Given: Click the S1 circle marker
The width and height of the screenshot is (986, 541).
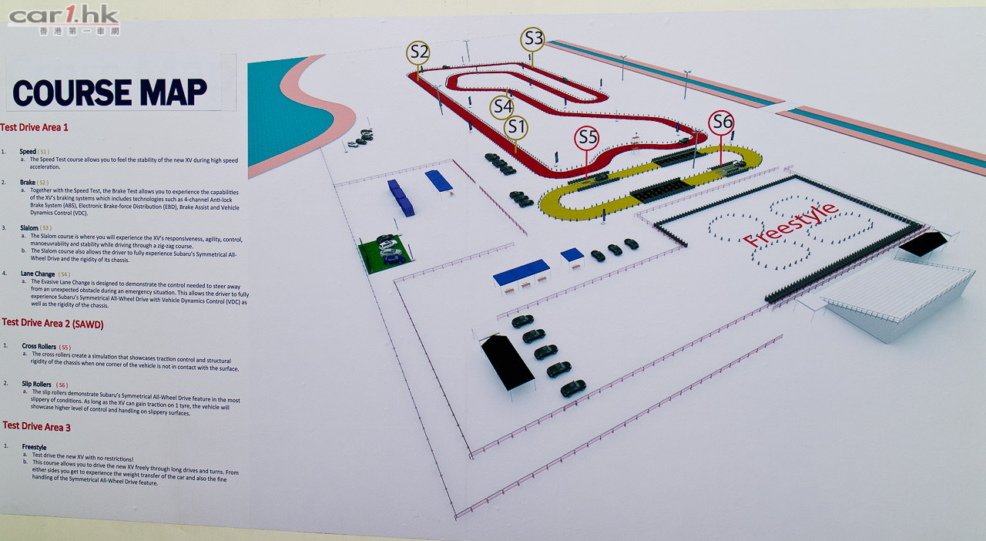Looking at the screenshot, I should [x=516, y=127].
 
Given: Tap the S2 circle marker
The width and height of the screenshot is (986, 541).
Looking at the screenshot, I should [x=418, y=52].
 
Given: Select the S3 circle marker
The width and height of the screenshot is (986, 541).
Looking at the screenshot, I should [x=532, y=39].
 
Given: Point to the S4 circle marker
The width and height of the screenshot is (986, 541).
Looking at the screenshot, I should [x=502, y=106].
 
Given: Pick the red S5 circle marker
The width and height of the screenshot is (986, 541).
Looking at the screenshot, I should [x=587, y=138].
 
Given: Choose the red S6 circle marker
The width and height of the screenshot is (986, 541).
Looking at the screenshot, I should [x=721, y=123].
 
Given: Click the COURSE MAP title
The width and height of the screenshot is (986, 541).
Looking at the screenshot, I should [x=109, y=92].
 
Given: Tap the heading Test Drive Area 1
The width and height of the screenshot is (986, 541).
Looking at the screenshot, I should [x=35, y=128].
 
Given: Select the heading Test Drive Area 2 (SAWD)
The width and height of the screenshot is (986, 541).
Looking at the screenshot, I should [x=52, y=324].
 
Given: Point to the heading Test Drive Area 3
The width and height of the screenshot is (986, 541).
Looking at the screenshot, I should [x=36, y=426].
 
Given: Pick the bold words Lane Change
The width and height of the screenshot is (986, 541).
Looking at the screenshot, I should [x=39, y=274].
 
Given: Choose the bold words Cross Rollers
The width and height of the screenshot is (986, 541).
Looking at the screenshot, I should [x=39, y=347].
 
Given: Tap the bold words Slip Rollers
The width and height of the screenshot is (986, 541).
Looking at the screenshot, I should [x=37, y=384].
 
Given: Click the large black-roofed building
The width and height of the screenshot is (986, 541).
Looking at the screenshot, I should [x=508, y=361].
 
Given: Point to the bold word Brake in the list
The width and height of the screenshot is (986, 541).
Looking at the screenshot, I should [x=28, y=183].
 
